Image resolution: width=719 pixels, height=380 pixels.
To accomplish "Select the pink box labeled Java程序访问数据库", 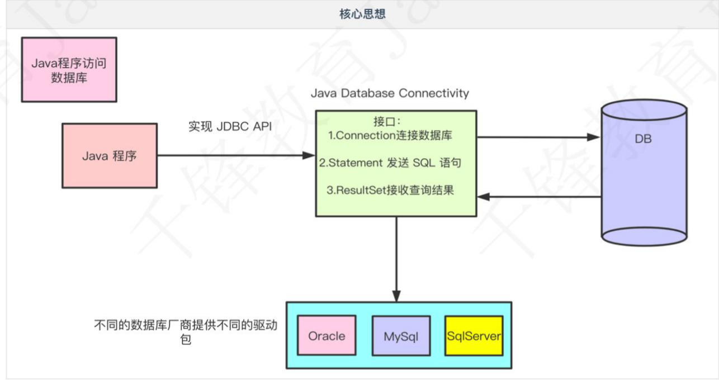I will [x=69, y=70].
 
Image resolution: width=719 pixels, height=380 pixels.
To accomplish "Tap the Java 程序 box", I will [x=110, y=156].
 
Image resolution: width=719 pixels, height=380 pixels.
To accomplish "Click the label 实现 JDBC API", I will [x=229, y=126].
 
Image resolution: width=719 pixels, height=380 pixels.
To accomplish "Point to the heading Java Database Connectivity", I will [x=390, y=93].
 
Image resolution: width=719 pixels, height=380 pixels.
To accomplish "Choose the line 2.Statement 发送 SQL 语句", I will [x=390, y=163].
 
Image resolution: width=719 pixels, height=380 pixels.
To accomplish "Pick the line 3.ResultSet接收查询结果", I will [x=390, y=190].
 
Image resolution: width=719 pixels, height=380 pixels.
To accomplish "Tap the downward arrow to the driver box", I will [x=396, y=257].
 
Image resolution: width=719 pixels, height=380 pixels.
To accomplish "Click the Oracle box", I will [x=327, y=336].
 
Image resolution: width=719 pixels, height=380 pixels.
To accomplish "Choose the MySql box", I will [x=401, y=336].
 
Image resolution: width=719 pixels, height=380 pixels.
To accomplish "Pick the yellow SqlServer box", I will [x=474, y=336].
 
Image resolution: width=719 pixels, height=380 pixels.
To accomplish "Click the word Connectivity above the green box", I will [x=434, y=93].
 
